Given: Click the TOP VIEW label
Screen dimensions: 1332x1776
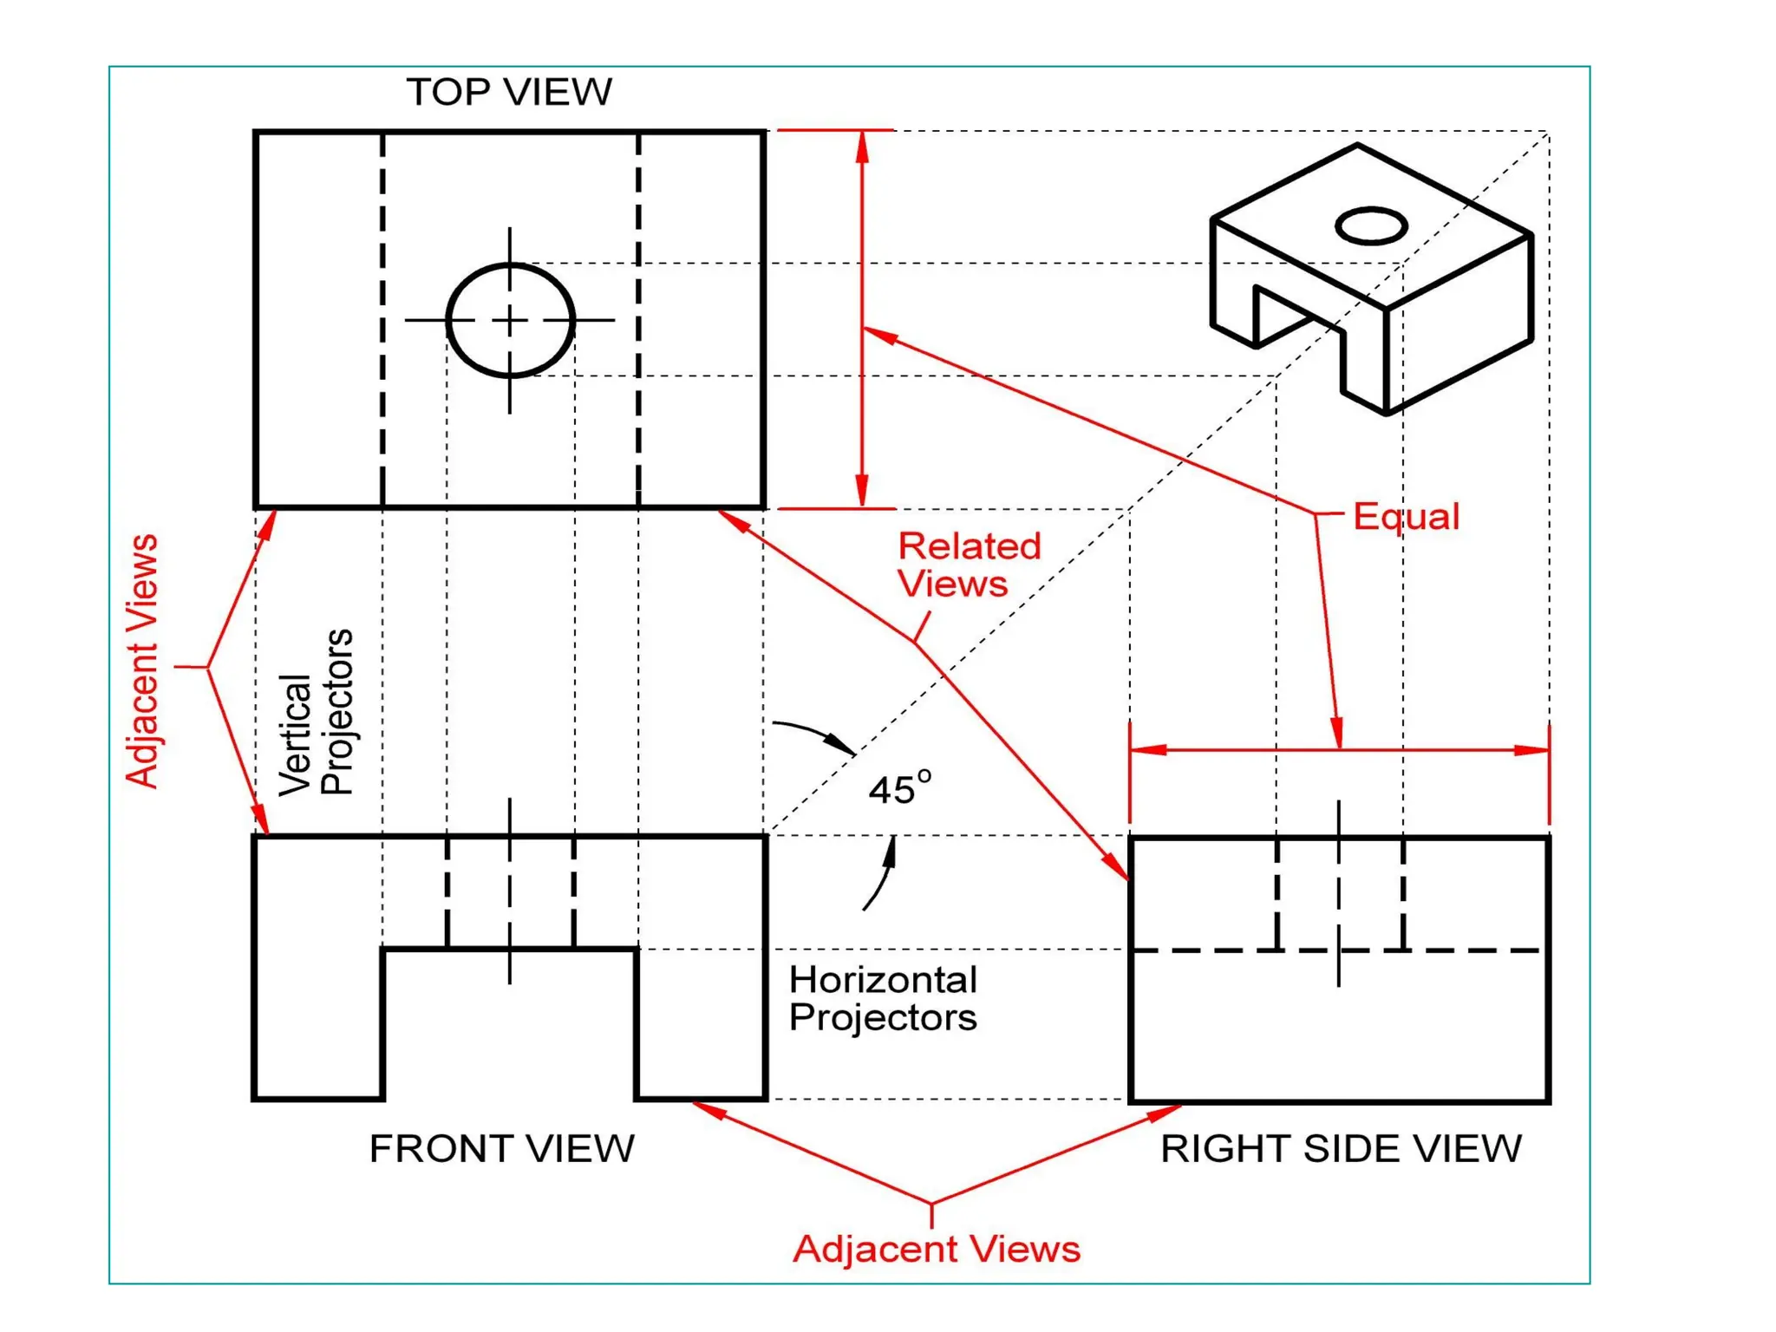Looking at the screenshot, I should pyautogui.click(x=509, y=92).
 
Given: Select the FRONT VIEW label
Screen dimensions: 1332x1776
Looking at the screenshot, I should pyautogui.click(x=501, y=1148).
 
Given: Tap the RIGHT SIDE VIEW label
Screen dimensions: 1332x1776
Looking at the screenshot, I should pyautogui.click(x=1341, y=1148).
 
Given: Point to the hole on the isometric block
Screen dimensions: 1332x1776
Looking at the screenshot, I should pyautogui.click(x=1370, y=226).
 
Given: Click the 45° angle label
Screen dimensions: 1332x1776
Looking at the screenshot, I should pyautogui.click(x=900, y=788).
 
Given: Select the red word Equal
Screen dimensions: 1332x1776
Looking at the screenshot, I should pyautogui.click(x=1406, y=516).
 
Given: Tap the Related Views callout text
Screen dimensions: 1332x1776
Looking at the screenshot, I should pyautogui.click(x=968, y=565).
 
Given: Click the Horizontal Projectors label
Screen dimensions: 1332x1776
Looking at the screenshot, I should pyautogui.click(x=883, y=998).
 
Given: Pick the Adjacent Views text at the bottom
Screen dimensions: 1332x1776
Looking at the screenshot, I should pyautogui.click(x=937, y=1249).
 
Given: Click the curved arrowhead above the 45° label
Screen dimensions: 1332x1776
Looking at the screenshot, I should pyautogui.click(x=839, y=744).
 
